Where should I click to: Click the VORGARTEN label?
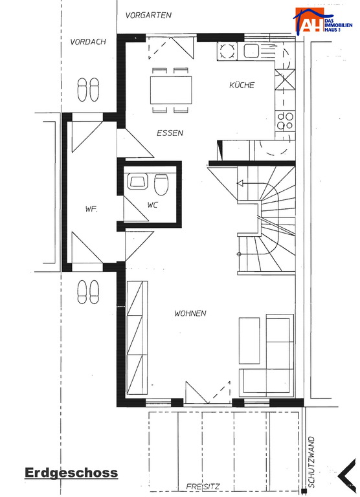(148, 16)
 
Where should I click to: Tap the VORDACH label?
(88, 42)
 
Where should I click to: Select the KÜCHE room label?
(242, 85)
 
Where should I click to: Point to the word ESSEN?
(170, 133)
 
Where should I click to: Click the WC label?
(153, 204)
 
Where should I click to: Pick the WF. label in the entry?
(91, 209)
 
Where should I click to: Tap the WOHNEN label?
(190, 313)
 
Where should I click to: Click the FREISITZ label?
(203, 486)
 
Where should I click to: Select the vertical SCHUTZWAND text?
(311, 462)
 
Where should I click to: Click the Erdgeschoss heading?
(71, 472)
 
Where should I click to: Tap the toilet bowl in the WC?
(161, 184)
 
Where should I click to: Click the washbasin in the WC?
(138, 182)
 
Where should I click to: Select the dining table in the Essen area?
(171, 90)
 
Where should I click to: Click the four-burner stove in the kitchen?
(285, 121)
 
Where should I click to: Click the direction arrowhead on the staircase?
(240, 183)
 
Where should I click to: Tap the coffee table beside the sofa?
(249, 340)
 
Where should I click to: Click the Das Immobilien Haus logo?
(322, 21)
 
